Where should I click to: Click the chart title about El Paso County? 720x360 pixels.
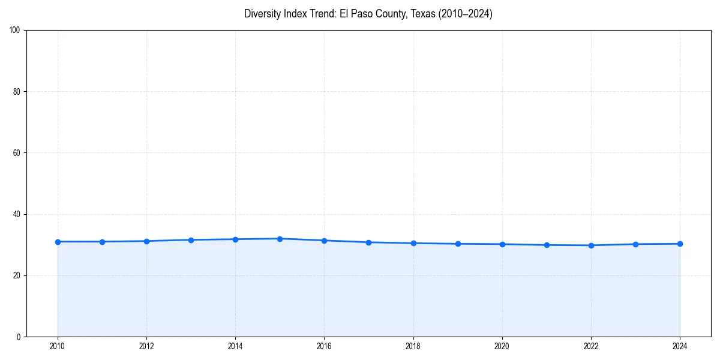coord(368,14)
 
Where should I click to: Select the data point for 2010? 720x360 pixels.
coord(58,242)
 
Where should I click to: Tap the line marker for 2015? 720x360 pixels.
coord(280,239)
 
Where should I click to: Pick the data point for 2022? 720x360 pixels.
coord(591,245)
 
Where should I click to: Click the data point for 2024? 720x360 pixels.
coord(680,244)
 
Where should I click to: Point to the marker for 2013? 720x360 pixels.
coord(191,240)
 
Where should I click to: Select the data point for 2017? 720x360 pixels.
coord(368,242)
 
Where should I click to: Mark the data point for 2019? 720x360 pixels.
coord(458,244)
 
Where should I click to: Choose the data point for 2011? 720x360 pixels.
coord(102,242)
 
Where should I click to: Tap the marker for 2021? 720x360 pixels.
coord(547,245)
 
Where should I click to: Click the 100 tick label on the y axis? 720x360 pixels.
coord(16,31)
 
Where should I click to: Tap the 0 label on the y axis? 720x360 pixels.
coord(19,337)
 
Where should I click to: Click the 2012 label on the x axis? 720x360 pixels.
coord(146,346)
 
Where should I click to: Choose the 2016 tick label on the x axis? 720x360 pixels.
coord(324,346)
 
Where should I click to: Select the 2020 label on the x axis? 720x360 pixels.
coord(502,346)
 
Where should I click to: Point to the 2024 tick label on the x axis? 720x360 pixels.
coord(680,346)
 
